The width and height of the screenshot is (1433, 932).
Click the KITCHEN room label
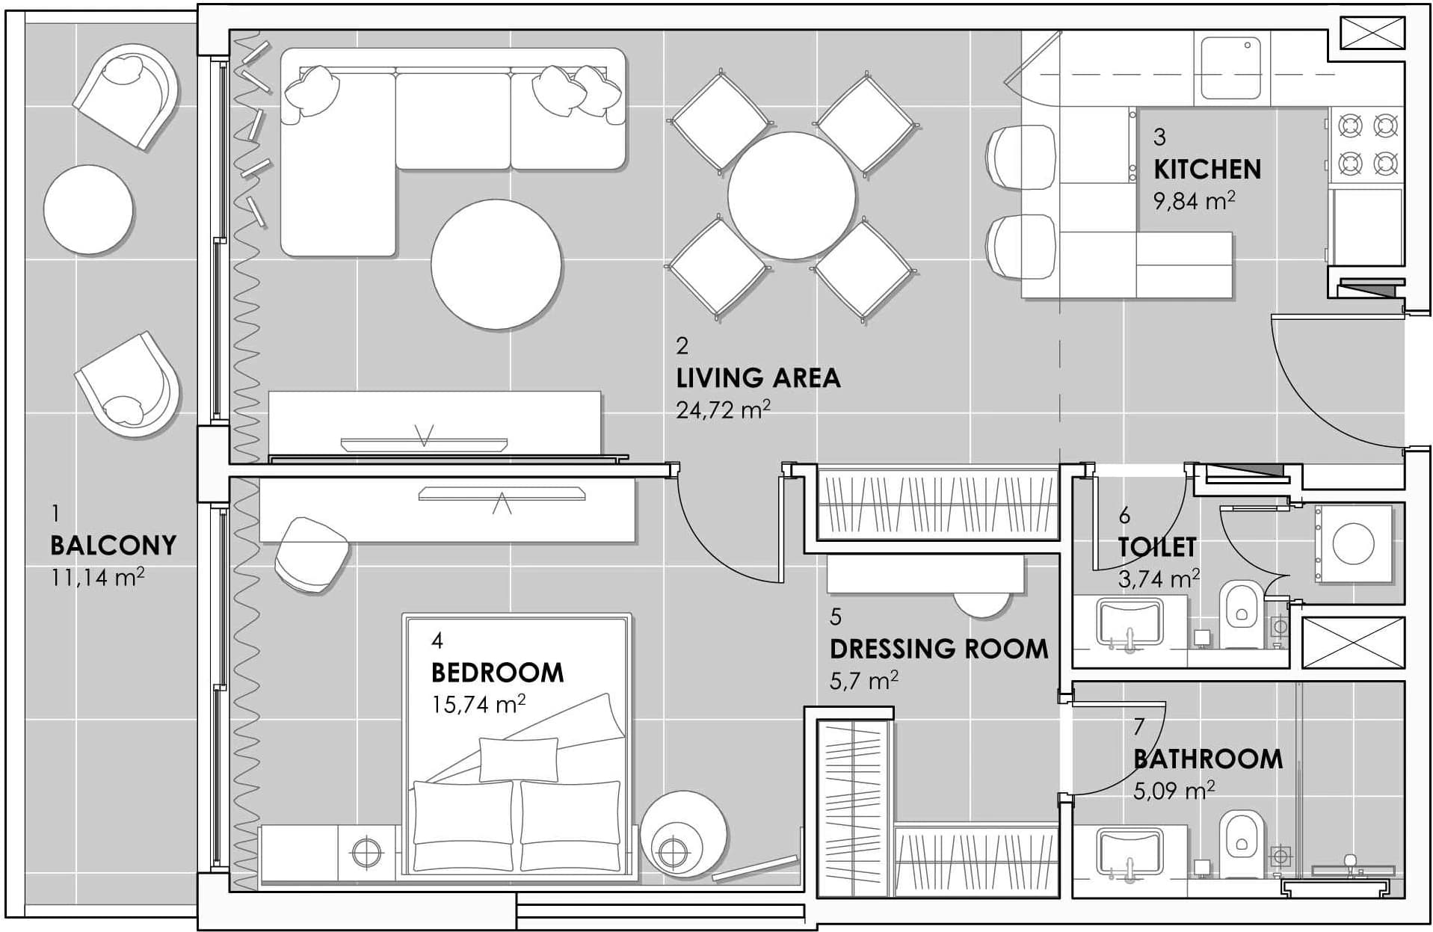[x=1207, y=170]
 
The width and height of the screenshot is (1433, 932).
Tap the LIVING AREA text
[x=758, y=378]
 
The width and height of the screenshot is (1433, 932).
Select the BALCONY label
[x=113, y=546]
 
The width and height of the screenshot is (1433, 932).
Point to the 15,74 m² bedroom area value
[x=478, y=704]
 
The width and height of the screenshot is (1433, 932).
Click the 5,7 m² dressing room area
[x=863, y=680]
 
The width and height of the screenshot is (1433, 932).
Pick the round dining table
[x=792, y=196]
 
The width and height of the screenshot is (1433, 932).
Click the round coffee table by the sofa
[x=496, y=264]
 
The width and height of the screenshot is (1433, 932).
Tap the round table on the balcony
[x=89, y=209]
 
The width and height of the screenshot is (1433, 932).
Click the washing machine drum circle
[x=1353, y=543]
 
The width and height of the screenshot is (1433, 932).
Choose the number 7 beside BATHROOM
[x=1139, y=726]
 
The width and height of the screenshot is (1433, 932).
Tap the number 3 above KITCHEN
[x=1159, y=137]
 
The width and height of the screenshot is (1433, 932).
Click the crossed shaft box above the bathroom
[x=1353, y=642]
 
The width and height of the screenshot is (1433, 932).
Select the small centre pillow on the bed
[x=518, y=759]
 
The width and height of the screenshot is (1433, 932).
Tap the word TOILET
[x=1157, y=547]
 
